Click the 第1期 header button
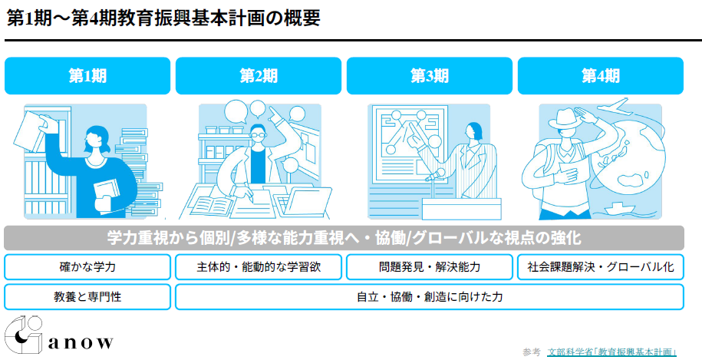pyautogui.click(x=87, y=76)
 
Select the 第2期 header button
pyautogui.click(x=259, y=76)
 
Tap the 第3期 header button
pyautogui.click(x=430, y=76)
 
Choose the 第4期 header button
pyautogui.click(x=601, y=76)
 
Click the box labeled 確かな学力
pyautogui.click(x=87, y=267)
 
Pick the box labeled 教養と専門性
pyautogui.click(x=87, y=296)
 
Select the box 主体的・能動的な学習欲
pyautogui.click(x=259, y=267)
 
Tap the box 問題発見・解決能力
pyautogui.click(x=430, y=267)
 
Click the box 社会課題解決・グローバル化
pyautogui.click(x=601, y=267)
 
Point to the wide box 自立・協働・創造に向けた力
pyautogui.click(x=430, y=296)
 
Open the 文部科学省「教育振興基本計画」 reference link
pyautogui.click(x=612, y=352)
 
